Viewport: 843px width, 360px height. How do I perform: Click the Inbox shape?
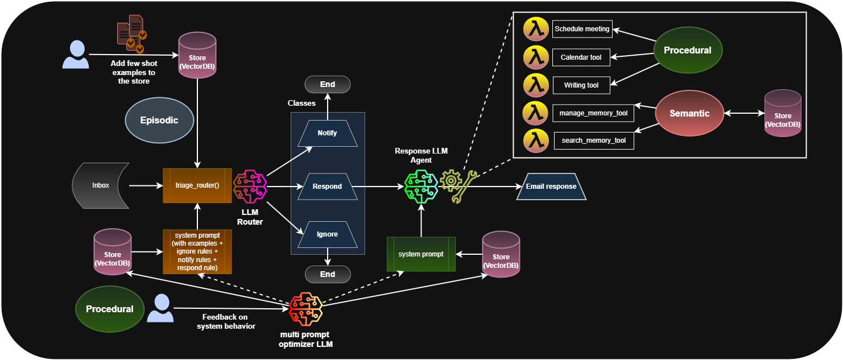[101, 185]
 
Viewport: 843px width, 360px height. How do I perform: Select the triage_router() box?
[197, 185]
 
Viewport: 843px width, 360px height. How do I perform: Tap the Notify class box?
[327, 133]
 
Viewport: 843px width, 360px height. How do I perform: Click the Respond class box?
[327, 186]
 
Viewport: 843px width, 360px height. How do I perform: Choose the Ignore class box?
[327, 234]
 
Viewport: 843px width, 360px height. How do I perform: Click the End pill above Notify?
[328, 85]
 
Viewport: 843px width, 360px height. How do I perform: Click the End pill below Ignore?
[328, 274]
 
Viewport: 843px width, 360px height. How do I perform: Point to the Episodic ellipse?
[159, 121]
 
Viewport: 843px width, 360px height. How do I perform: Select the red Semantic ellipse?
[689, 113]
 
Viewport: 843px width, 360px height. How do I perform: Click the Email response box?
[551, 187]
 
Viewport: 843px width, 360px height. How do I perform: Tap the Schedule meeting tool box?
[582, 29]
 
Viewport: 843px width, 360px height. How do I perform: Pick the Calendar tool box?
[581, 57]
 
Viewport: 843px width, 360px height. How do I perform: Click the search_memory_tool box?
[593, 140]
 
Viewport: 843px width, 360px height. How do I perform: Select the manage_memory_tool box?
[593, 113]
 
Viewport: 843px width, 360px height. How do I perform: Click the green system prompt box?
[421, 254]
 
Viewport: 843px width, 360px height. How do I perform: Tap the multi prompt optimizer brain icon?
[305, 309]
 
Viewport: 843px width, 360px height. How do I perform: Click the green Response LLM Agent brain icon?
[421, 186]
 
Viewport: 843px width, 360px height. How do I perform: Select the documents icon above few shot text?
[131, 35]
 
